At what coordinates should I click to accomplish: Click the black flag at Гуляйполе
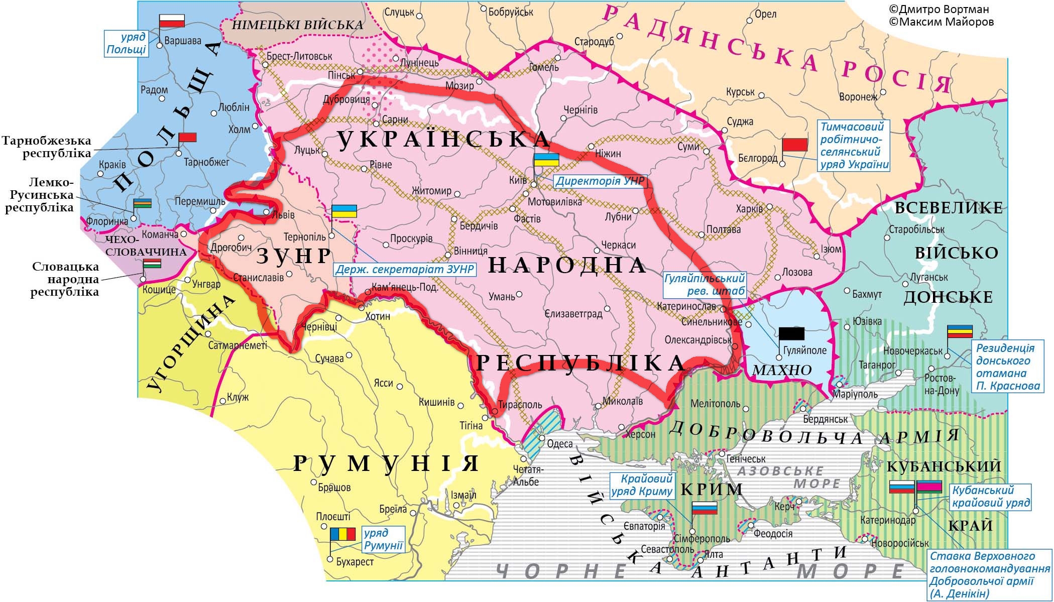(791, 334)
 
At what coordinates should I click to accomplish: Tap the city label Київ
(518, 179)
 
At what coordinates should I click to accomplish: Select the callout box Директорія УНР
(600, 181)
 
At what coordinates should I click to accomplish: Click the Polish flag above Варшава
(172, 21)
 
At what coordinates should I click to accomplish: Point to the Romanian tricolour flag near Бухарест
(342, 534)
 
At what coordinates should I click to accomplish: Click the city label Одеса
(559, 444)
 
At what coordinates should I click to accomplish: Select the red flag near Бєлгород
(794, 145)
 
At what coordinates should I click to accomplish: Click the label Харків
(749, 208)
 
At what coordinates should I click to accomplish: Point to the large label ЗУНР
(294, 256)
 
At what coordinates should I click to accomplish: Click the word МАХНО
(783, 371)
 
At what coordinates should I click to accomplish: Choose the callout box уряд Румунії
(383, 539)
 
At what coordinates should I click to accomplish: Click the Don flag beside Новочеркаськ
(960, 331)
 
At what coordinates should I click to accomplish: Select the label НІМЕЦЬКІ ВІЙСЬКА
(298, 25)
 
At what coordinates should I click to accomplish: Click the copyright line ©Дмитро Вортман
(939, 10)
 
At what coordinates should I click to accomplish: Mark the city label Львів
(283, 215)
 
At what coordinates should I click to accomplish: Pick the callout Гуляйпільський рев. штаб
(705, 285)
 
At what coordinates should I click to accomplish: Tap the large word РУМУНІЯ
(386, 463)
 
